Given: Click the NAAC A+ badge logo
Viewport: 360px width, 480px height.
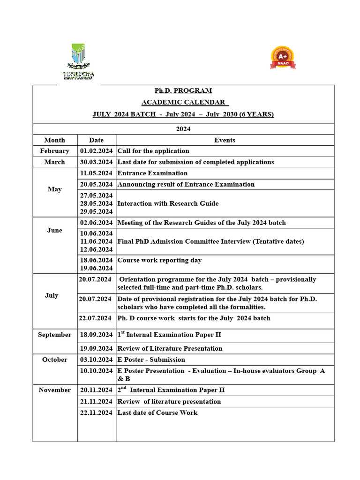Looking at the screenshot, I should pos(283,58).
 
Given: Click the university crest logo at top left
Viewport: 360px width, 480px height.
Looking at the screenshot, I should pos(78,61).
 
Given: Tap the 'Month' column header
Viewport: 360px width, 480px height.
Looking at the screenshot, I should pos(54,140).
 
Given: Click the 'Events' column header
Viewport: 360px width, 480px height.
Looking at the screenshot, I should pos(225,140).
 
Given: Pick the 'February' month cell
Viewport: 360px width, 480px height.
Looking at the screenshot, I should pos(54,151).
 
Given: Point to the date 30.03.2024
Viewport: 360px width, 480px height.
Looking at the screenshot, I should pos(96,162).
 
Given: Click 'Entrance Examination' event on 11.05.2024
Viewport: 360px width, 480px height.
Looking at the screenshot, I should pos(152,173).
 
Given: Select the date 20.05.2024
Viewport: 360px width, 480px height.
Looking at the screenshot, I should pos(96,184).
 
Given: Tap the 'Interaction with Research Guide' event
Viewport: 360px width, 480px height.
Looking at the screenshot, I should pos(168,203).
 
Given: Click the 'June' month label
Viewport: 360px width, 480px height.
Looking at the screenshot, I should pos(54,231).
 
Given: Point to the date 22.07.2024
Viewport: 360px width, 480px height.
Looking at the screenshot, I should pos(96,318).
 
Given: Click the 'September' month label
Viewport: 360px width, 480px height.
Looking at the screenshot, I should pos(54,335).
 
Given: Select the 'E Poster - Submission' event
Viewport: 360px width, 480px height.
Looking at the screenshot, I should pos(151,360).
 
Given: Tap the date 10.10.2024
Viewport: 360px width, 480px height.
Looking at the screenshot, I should pos(96,371).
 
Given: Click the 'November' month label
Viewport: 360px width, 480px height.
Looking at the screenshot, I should pos(54,390).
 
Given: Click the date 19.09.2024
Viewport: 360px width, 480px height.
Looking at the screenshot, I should pos(96,349).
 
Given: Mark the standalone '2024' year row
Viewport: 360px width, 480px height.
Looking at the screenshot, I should pos(183,129).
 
